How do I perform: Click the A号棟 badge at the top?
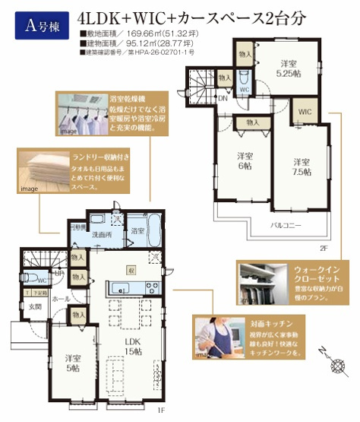click(39, 27)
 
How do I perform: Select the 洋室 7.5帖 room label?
click(301, 166)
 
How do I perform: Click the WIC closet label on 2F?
click(305, 111)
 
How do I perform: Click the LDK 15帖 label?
click(134, 346)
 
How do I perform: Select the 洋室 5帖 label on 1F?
click(73, 363)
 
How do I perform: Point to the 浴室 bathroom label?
click(137, 230)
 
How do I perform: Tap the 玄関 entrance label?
click(36, 306)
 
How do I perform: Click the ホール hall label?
click(62, 299)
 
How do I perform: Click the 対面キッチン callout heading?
click(275, 322)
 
